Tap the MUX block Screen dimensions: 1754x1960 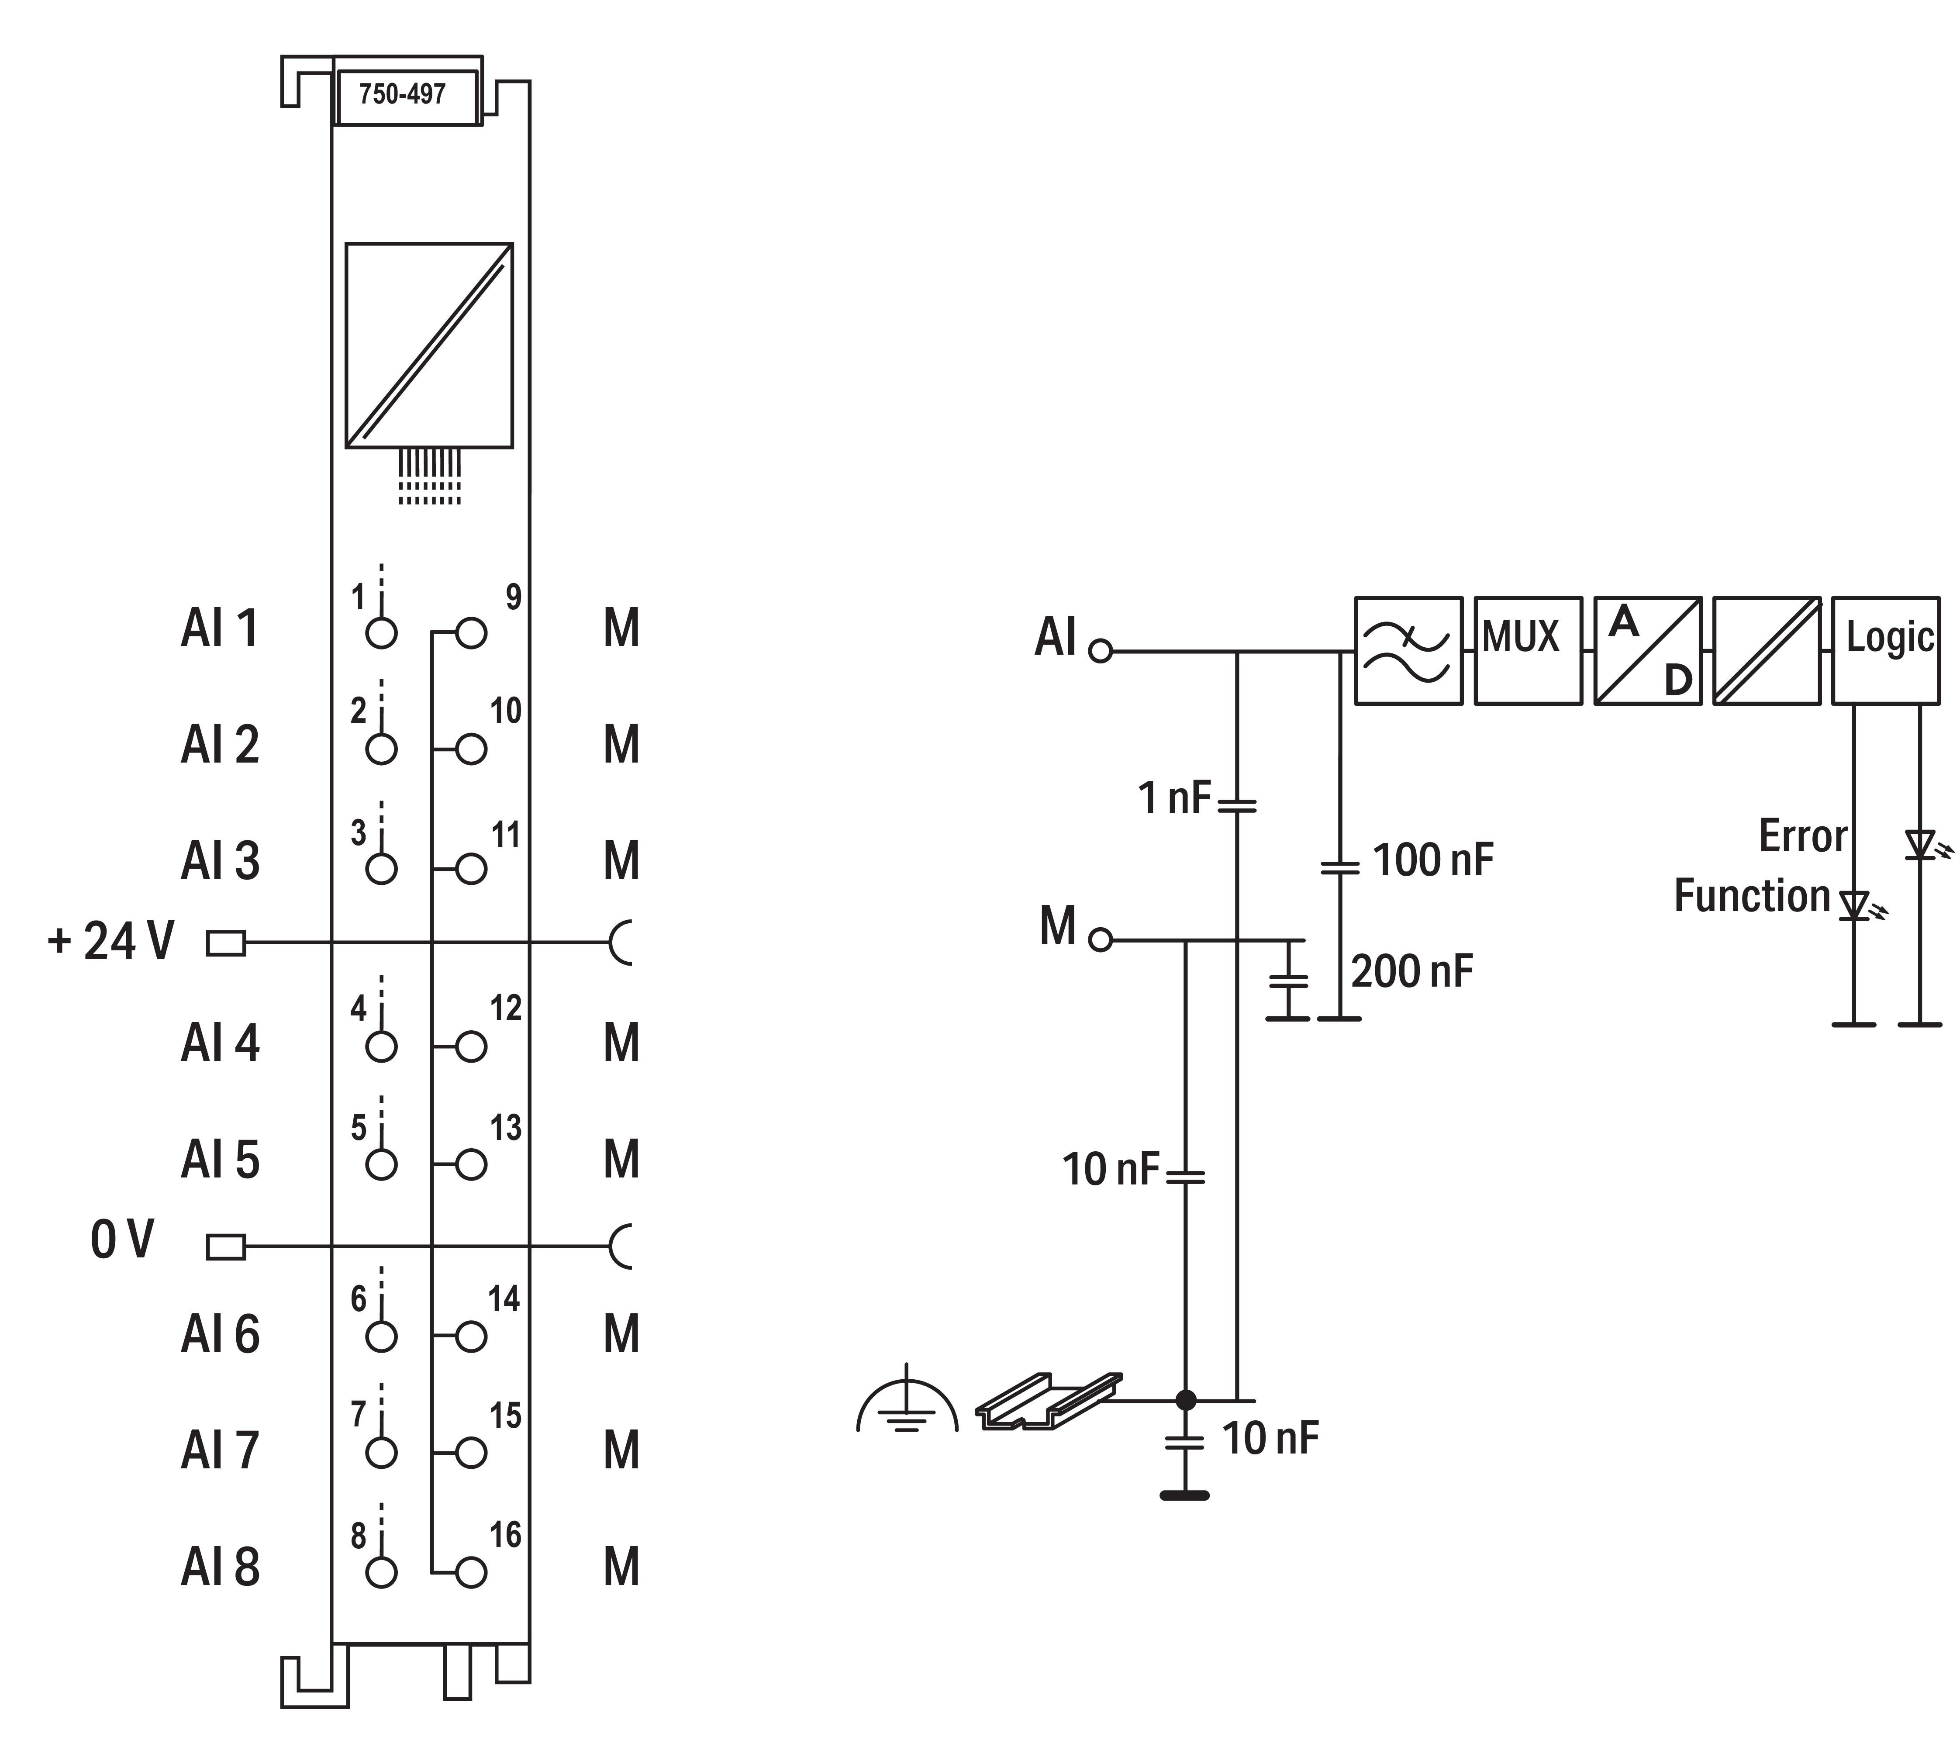(1527, 650)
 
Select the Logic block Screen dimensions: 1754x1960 (1885, 650)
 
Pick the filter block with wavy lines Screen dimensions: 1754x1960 (1408, 650)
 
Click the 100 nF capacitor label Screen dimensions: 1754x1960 (1432, 860)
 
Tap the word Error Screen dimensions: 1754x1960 (1802, 836)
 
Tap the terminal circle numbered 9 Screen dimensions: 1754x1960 (471, 633)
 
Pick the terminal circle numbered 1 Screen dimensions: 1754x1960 (382, 633)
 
